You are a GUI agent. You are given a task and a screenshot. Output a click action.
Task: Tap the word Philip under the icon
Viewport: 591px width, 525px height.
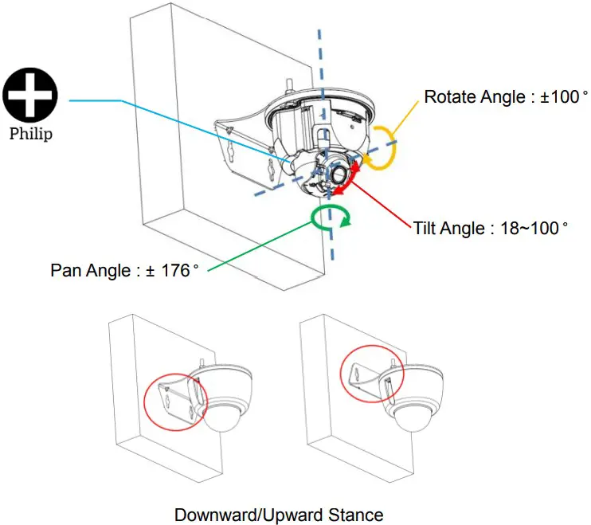31,133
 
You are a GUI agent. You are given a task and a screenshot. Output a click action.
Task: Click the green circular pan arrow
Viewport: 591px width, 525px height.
331,215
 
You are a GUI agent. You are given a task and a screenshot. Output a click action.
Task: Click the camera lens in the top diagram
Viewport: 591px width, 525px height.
339,174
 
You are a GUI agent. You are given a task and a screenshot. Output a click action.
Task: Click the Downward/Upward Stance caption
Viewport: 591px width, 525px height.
278,515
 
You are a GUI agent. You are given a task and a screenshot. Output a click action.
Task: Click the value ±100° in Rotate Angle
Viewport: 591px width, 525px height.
561,97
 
